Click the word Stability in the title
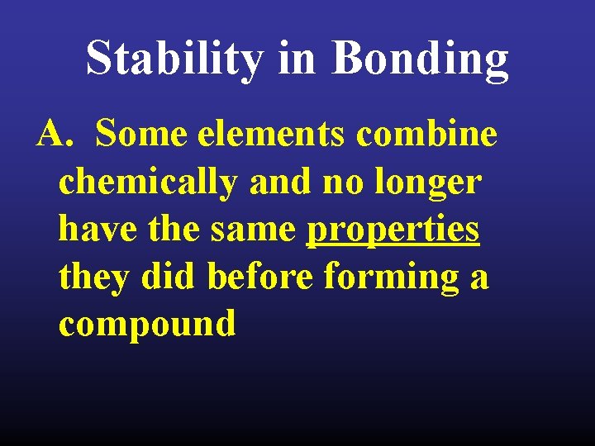174,59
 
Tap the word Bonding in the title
420,59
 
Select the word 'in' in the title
297,59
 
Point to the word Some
141,133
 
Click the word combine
426,133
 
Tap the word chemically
147,181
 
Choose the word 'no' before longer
339,181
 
